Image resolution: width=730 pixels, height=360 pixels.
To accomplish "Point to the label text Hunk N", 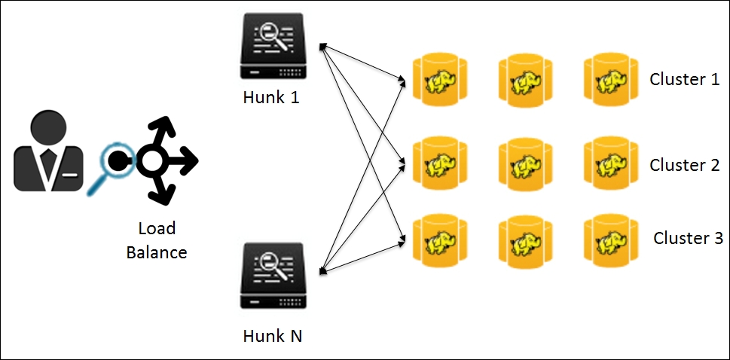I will pyautogui.click(x=273, y=335).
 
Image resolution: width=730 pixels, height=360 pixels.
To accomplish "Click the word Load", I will pyautogui.click(x=156, y=229).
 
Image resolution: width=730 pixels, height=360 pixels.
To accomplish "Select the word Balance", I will pyautogui.click(x=156, y=252).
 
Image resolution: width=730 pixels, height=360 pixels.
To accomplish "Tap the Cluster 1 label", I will pyautogui.click(x=684, y=79).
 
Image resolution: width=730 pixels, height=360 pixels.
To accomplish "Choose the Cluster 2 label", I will pyautogui.click(x=684, y=165).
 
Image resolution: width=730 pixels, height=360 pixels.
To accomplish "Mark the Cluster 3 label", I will pyautogui.click(x=688, y=238).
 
